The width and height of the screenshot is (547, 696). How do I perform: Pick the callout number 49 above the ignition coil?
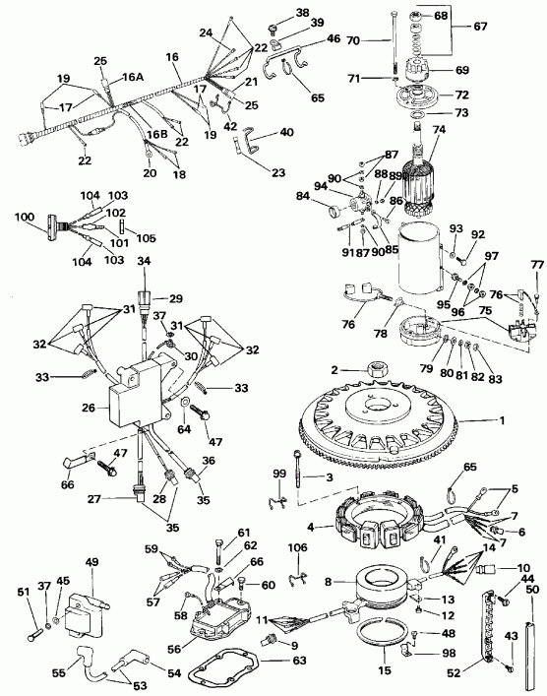click(x=92, y=562)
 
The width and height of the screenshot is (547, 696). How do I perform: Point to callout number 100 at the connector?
click(x=22, y=216)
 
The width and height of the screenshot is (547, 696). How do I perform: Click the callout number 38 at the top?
click(x=273, y=12)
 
